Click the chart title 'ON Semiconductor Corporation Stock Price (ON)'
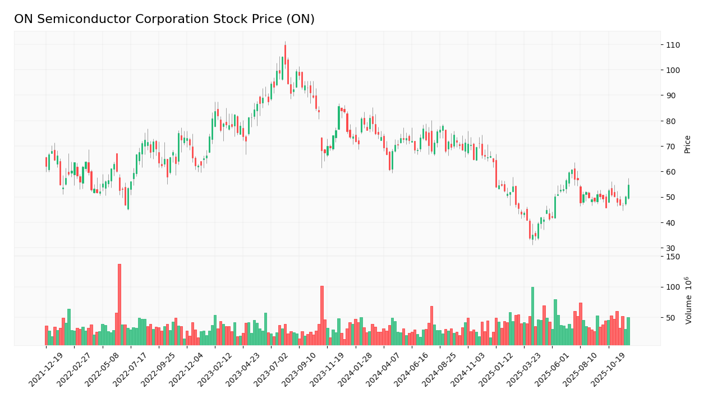tap(164, 20)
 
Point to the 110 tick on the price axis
tap(673, 45)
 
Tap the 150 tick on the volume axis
tap(672, 257)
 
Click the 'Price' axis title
tap(687, 144)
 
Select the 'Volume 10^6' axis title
tap(688, 300)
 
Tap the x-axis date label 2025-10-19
tap(609, 371)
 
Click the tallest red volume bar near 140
tap(119, 304)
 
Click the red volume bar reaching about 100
tap(322, 315)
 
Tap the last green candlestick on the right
tap(628, 191)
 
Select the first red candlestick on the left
tap(47, 162)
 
